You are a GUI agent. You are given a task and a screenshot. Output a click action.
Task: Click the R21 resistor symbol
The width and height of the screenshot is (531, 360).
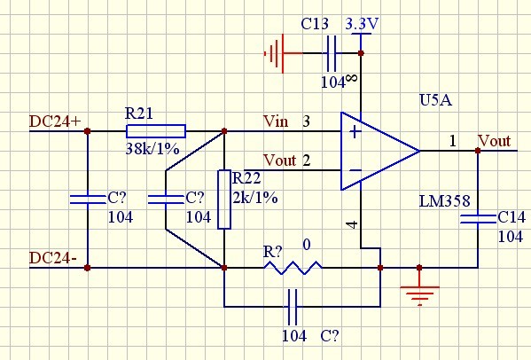tap(156, 131)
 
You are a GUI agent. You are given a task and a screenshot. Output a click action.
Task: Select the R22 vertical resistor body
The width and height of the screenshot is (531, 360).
tap(224, 200)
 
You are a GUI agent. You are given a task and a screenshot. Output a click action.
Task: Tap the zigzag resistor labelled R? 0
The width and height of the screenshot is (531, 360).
tap(293, 268)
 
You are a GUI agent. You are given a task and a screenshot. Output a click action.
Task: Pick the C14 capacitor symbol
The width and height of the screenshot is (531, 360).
tap(478, 219)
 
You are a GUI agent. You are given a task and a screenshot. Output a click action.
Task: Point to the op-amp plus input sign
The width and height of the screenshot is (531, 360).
tap(355, 131)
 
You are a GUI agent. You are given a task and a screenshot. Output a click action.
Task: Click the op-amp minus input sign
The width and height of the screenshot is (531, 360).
tap(355, 170)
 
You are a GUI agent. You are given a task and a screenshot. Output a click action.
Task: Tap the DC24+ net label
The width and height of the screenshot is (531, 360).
tap(55, 121)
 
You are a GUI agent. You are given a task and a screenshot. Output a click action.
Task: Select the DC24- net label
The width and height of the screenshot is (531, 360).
tap(53, 258)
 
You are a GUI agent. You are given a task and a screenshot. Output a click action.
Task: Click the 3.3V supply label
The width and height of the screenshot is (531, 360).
tap(362, 24)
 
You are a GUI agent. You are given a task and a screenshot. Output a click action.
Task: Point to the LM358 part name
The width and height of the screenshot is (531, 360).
tap(445, 201)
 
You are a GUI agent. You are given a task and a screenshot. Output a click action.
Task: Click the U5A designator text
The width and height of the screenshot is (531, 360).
tap(435, 100)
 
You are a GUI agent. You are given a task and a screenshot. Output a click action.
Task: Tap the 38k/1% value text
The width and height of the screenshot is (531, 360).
tap(152, 149)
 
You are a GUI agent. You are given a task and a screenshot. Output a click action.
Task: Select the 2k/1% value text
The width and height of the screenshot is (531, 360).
tap(255, 198)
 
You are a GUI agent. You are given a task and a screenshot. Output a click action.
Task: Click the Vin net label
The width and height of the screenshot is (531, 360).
tap(276, 121)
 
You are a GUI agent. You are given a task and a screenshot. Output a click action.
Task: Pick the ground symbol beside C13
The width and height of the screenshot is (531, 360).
tap(274, 53)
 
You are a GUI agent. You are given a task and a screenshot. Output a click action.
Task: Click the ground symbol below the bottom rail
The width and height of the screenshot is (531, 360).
tap(419, 295)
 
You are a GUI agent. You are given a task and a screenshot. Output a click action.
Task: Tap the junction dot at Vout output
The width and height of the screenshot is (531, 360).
tap(478, 151)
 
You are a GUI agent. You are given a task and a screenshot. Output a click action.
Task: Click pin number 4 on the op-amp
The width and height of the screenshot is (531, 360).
tap(353, 224)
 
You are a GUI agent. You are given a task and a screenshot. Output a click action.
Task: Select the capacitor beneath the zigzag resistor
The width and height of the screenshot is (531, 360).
tap(293, 307)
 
